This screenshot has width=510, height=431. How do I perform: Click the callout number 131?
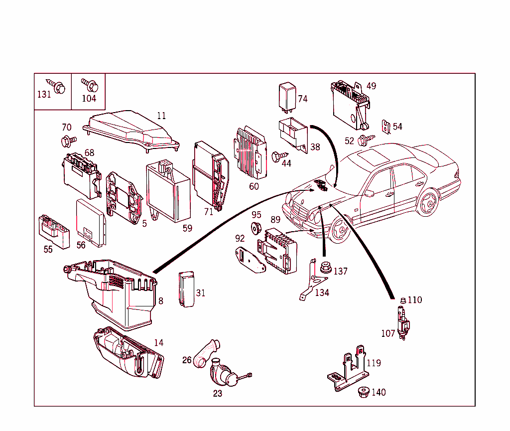click(x=44, y=94)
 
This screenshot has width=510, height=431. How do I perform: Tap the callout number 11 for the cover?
click(x=161, y=116)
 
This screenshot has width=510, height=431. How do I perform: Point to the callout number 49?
click(x=372, y=86)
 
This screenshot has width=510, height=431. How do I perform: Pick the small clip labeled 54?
click(x=384, y=127)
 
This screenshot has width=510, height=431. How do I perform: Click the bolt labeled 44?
click(x=277, y=156)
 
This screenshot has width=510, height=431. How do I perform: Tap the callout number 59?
click(x=187, y=229)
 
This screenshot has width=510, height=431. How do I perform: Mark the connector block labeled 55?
click(x=53, y=232)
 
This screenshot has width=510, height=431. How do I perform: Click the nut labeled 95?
click(x=256, y=229)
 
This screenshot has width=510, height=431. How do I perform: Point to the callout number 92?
click(x=240, y=238)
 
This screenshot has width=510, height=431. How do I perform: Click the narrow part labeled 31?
click(x=186, y=289)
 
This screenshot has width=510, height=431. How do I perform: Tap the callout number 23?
click(x=218, y=393)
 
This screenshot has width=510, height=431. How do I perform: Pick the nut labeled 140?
click(x=364, y=392)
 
